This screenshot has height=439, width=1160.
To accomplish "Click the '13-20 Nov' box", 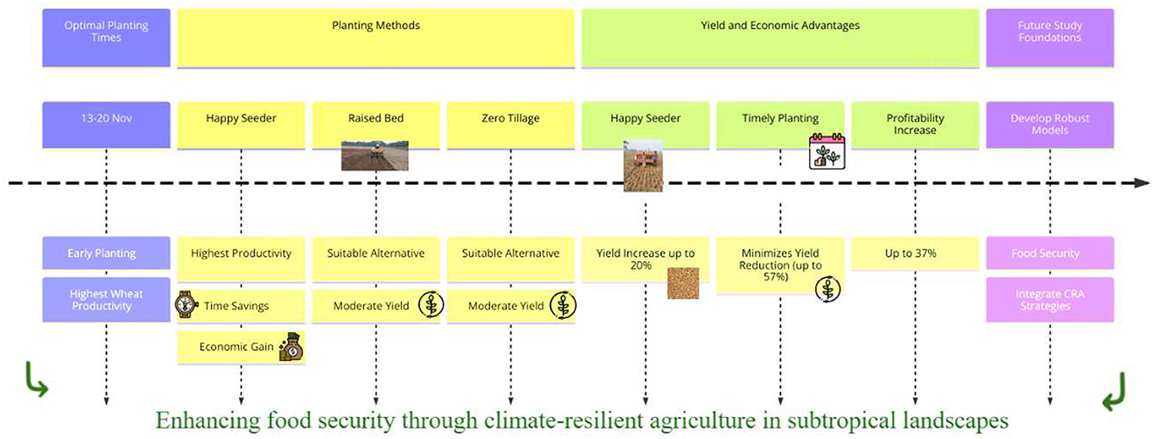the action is point(106,125).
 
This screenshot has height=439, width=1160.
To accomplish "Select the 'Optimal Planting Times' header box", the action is point(106,38).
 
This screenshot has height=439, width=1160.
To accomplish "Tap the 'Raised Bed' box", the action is point(376,125).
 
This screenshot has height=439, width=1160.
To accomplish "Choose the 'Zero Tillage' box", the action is point(510,125).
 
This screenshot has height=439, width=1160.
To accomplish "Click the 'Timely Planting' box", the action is point(780,125).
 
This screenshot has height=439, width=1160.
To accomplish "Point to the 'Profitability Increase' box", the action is point(915,125).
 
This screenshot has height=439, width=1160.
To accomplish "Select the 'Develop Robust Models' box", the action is point(1050,125).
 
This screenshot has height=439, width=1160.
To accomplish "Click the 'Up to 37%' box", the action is point(915,253).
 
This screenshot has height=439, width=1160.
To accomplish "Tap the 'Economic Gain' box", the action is point(241,347).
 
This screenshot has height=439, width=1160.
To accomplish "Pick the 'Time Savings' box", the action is point(241,306).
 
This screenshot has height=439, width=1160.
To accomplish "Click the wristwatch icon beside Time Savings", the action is point(186,304).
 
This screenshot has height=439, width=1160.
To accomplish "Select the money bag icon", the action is point(291,347).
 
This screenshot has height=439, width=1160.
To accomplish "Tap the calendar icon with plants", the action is point(827,151).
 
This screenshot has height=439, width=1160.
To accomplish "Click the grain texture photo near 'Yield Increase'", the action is point(683,283).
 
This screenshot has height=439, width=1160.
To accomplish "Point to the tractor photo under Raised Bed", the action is point(375,155).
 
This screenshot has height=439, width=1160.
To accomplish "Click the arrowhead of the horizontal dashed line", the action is point(1142,183).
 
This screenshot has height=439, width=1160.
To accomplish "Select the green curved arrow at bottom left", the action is point(36,380).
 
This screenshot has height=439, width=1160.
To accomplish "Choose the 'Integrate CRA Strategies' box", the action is point(1050,300).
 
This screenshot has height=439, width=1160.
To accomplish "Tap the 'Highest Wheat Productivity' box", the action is point(106,300).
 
